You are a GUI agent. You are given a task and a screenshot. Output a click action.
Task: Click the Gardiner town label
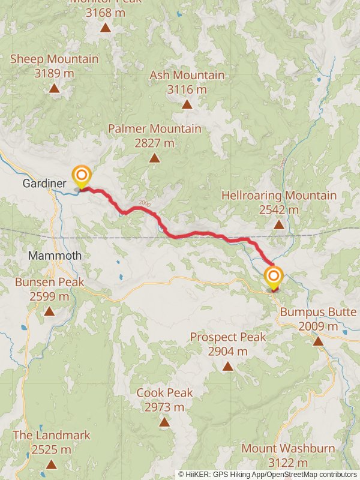point(40,183)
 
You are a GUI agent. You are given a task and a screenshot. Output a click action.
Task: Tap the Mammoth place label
point(55,256)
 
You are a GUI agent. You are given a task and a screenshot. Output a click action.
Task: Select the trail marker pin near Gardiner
point(82,176)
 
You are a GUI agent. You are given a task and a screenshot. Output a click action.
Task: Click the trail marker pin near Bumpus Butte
point(274,276)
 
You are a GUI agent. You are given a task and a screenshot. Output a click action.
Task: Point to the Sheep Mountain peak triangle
point(54,89)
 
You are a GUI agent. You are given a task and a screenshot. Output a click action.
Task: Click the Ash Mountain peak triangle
point(187,104)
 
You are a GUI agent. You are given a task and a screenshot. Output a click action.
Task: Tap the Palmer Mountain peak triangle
point(154,158)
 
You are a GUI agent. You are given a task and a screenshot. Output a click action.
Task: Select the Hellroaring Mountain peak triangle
point(279,225)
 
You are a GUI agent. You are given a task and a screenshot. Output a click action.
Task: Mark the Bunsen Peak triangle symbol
point(49,311)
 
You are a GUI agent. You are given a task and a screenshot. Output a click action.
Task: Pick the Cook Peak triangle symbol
point(164,422)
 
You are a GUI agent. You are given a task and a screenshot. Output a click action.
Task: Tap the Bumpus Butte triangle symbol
point(318,341)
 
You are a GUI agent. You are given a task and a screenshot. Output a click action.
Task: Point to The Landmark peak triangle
point(52,464)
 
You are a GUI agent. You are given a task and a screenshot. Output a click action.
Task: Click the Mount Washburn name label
point(276,448)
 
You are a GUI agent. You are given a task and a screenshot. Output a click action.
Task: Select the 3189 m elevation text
point(54,73)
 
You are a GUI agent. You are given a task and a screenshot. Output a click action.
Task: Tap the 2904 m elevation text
point(228,351)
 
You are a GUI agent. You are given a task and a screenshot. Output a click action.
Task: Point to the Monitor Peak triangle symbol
point(106,27)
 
